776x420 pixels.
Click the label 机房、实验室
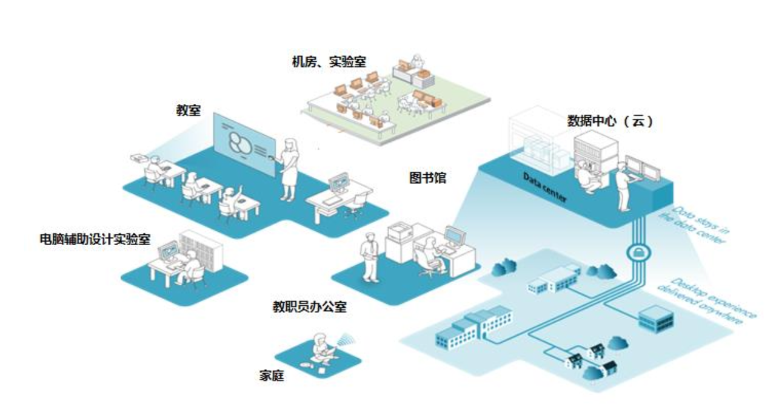[x=329, y=61]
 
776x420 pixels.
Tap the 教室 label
[x=188, y=111]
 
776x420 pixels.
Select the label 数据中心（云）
[x=610, y=121]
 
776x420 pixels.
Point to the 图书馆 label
[x=427, y=178]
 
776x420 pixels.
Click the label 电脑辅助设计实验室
[x=95, y=239]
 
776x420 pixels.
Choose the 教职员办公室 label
[x=309, y=307]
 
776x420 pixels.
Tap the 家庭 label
[x=271, y=376]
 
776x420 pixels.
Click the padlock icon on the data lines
[x=637, y=251]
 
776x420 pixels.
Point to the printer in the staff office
[x=400, y=231]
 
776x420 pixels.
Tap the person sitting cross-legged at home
[x=321, y=351]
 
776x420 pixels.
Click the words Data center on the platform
[x=545, y=188]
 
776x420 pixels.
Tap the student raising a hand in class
[x=230, y=200]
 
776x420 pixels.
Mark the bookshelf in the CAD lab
[x=201, y=249]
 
